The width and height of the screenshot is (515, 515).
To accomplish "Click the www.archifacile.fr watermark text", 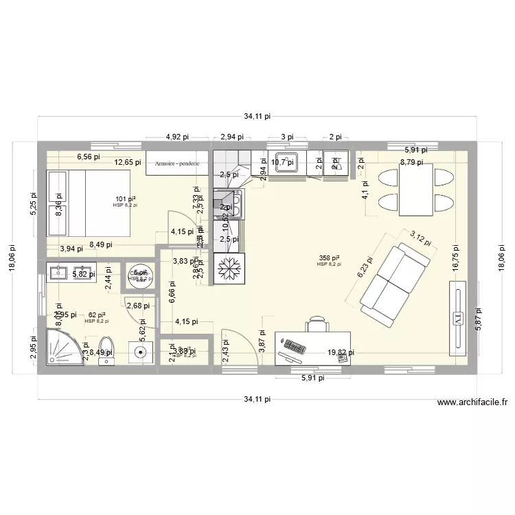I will pyautogui.click(x=471, y=404).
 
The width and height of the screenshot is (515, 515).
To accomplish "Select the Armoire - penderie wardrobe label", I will pyautogui.click(x=176, y=164).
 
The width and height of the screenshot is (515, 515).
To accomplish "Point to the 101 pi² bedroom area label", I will pyautogui.click(x=125, y=199).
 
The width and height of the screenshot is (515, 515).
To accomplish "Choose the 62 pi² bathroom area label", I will pyautogui.click(x=96, y=315).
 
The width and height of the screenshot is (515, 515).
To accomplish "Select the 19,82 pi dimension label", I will pyautogui.click(x=341, y=352).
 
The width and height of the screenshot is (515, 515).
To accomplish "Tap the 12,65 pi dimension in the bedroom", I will pyautogui.click(x=127, y=163).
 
